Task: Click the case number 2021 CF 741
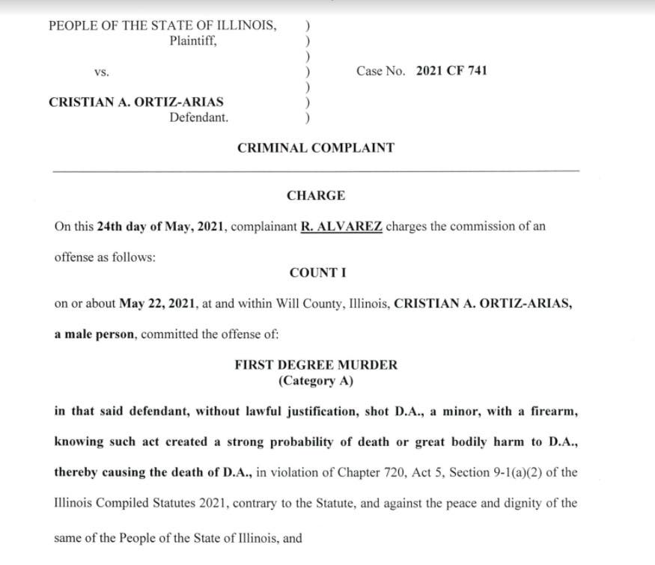[x=451, y=71]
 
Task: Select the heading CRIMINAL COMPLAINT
[x=315, y=148]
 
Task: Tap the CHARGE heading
[x=316, y=196]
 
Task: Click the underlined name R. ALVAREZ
[x=341, y=227]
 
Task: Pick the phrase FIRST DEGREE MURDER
[x=316, y=365]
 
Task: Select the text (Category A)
[x=316, y=381]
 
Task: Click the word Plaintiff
[x=193, y=41]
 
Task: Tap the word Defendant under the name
[x=198, y=117]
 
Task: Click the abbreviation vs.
[x=102, y=72]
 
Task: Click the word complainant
[x=263, y=227]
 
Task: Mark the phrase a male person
[x=95, y=334]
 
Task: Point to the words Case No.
[x=380, y=71]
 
